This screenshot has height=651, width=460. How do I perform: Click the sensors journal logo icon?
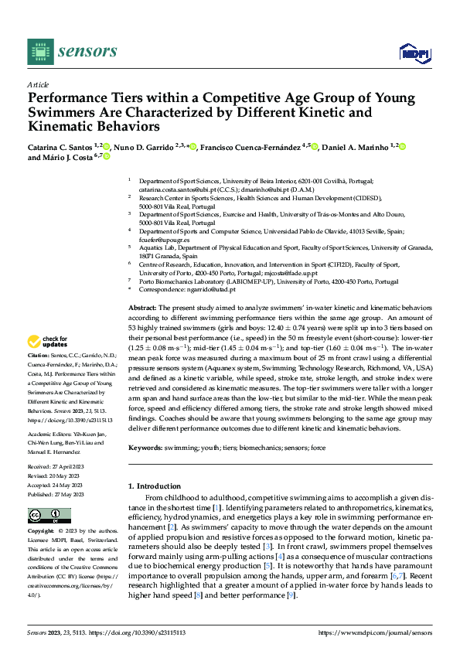tap(40, 51)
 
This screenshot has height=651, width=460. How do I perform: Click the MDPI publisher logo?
tap(412, 52)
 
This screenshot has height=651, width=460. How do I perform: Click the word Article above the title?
tap(38, 85)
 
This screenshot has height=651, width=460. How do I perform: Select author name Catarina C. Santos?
tap(60, 146)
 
